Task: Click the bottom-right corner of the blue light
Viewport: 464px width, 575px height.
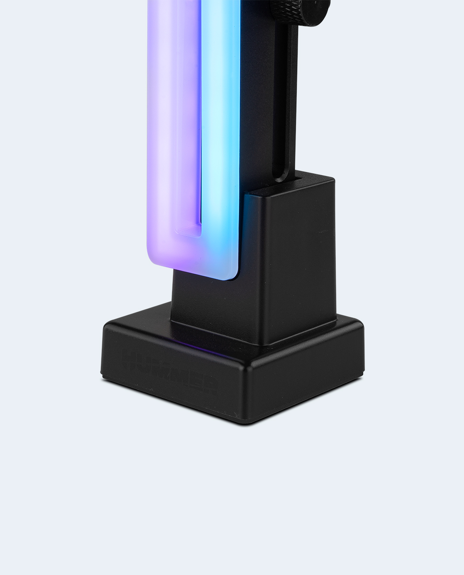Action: [x=234, y=276]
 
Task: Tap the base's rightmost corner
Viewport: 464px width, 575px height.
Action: [x=364, y=327]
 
